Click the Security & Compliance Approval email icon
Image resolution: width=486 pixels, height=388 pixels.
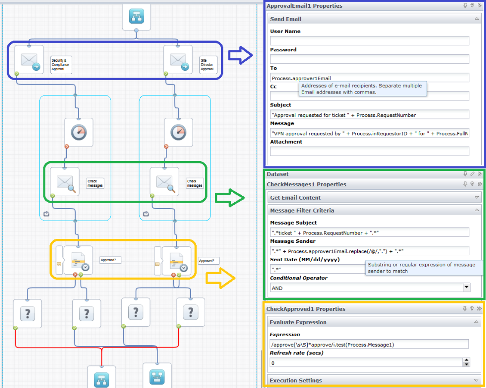click(29, 59)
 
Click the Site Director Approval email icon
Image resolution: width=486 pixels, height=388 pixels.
click(178, 59)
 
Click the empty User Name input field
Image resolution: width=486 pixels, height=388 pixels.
click(369, 41)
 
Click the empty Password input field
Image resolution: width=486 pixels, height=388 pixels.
click(369, 59)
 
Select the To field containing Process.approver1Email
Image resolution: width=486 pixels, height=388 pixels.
click(369, 78)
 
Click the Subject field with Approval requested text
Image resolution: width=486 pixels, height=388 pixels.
click(369, 115)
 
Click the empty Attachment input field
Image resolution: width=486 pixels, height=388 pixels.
click(369, 151)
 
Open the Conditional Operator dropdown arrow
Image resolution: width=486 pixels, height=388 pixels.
click(466, 288)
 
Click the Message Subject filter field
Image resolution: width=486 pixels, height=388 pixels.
click(369, 233)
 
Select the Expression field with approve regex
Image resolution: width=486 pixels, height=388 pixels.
click(369, 344)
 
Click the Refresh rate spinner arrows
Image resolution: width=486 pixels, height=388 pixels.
click(466, 363)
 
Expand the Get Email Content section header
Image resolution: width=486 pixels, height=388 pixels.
click(373, 197)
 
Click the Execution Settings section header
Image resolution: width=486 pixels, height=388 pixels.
click(373, 380)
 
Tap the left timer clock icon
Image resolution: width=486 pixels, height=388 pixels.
click(79, 132)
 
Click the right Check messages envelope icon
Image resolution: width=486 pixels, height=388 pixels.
click(164, 182)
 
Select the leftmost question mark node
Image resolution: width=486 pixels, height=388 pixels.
click(28, 313)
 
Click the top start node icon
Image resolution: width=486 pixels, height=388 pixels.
click(136, 16)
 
